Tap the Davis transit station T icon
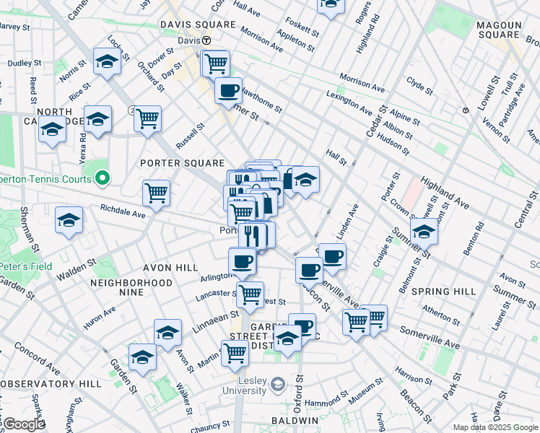tap(206, 40)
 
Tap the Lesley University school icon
tap(277, 382)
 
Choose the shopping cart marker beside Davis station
tap(215, 64)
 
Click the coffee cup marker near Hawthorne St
tap(229, 91)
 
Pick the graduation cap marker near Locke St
tap(107, 61)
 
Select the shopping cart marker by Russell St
tap(147, 118)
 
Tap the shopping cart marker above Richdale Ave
tap(156, 193)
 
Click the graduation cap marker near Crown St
tap(424, 232)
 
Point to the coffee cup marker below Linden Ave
tap(333, 256)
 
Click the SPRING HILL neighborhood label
tap(443, 292)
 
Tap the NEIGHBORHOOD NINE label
tap(131, 283)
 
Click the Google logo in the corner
tap(24, 424)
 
